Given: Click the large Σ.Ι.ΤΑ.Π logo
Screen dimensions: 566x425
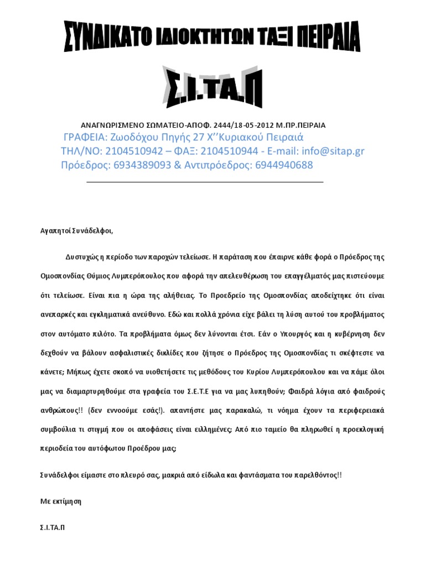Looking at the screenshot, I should [212, 87].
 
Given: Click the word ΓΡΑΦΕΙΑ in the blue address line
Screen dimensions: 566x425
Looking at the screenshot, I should [85, 137].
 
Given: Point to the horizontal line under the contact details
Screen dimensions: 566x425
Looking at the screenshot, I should [205, 182].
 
